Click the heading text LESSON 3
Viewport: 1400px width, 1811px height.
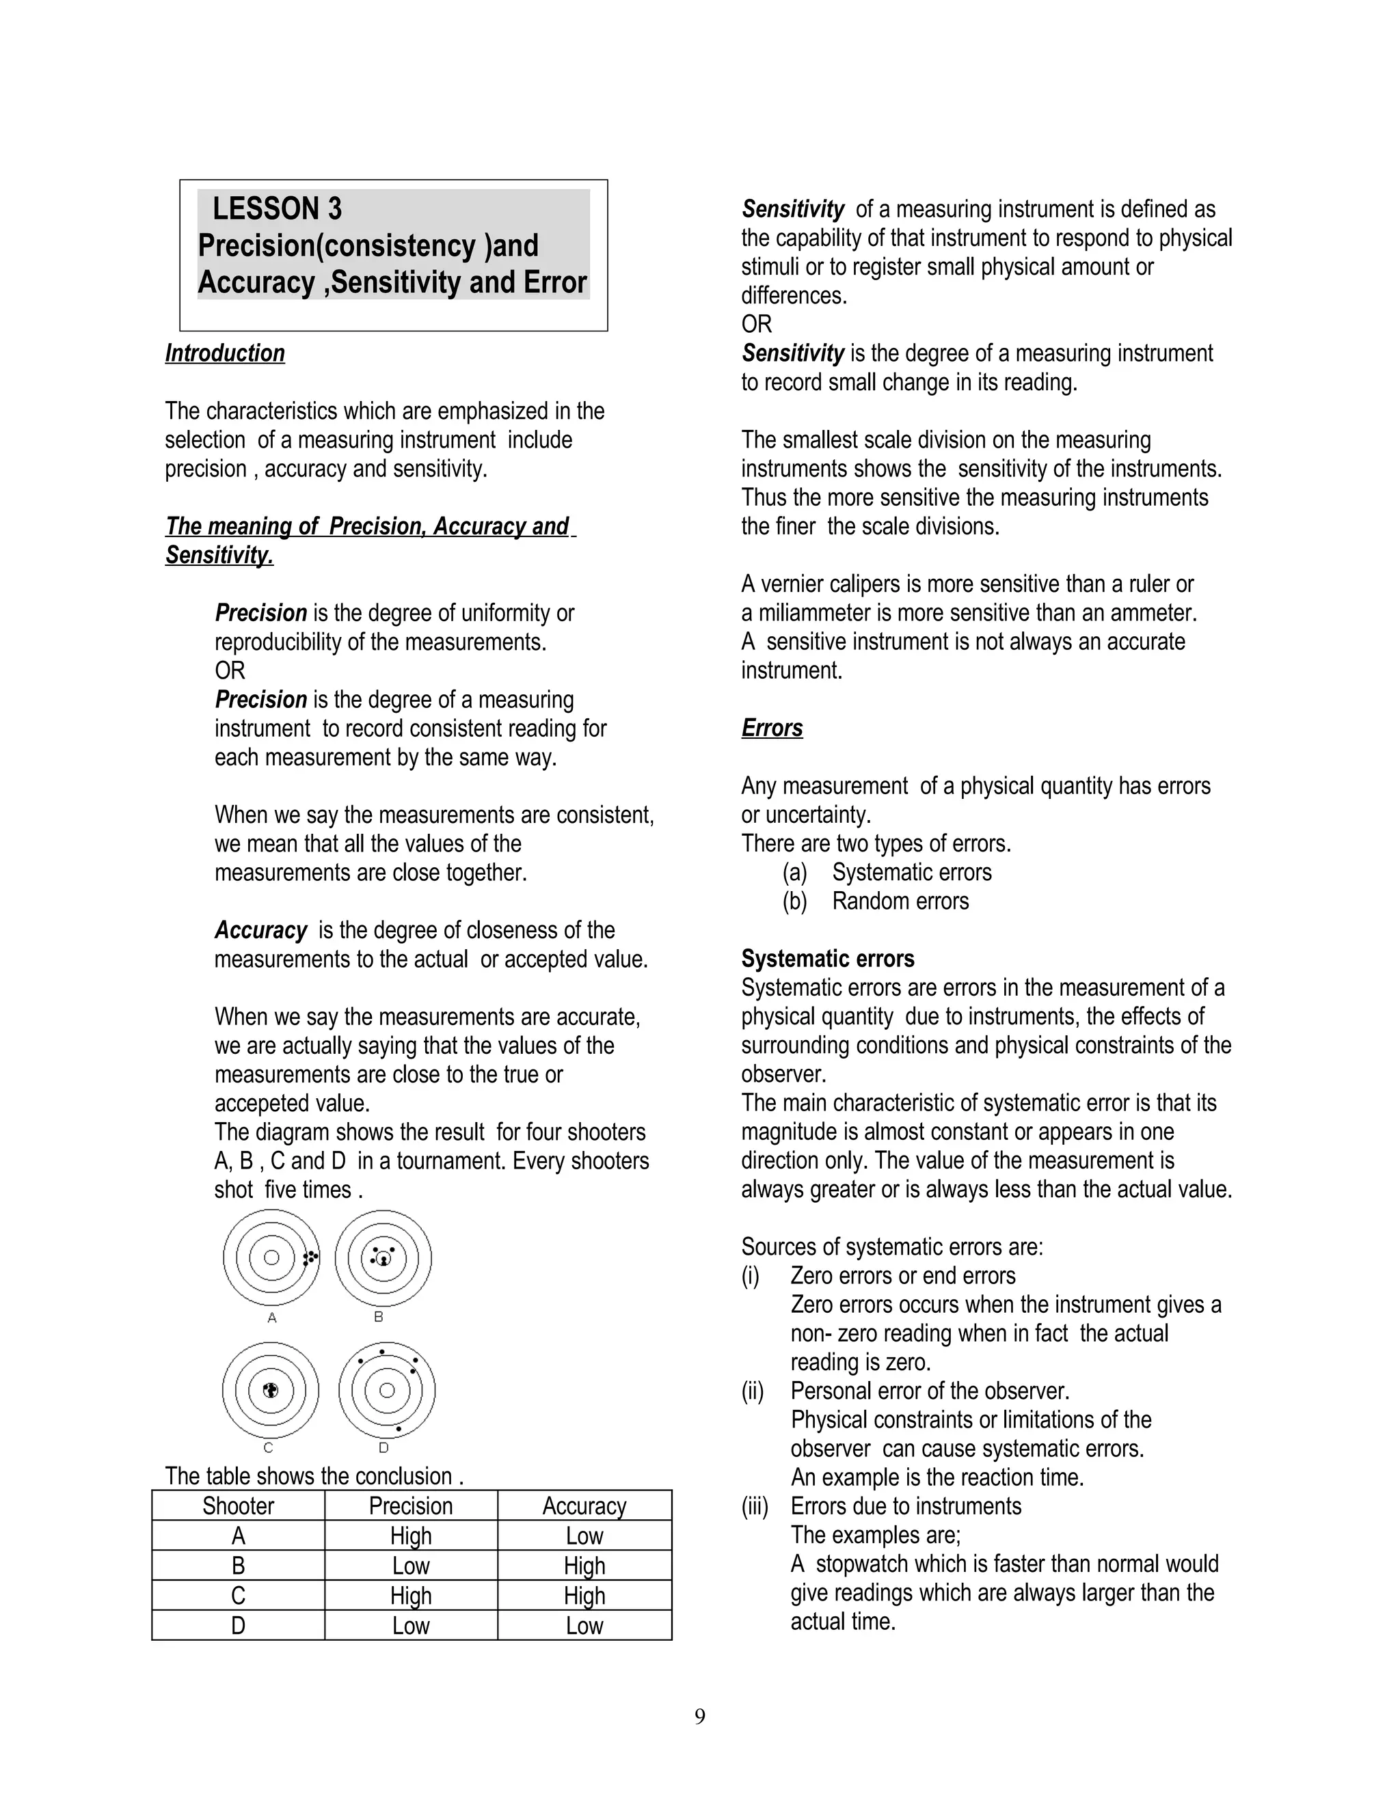276,208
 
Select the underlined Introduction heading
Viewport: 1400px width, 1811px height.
225,353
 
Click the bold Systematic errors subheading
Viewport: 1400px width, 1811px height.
827,959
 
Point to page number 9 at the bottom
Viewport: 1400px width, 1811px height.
700,1717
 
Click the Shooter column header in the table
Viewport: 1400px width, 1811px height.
238,1506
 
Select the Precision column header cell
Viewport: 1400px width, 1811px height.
411,1506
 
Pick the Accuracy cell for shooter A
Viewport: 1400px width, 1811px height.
584,1536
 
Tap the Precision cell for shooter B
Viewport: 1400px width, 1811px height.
411,1566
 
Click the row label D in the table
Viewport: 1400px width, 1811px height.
238,1625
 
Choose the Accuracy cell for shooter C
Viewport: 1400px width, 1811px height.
584,1596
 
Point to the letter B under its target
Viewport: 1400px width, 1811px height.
379,1317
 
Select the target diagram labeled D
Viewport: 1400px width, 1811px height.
386,1391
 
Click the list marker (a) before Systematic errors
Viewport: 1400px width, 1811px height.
794,872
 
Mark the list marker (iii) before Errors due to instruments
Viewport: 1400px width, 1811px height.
755,1506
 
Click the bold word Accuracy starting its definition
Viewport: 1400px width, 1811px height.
260,930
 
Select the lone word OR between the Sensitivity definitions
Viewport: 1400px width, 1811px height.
757,324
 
